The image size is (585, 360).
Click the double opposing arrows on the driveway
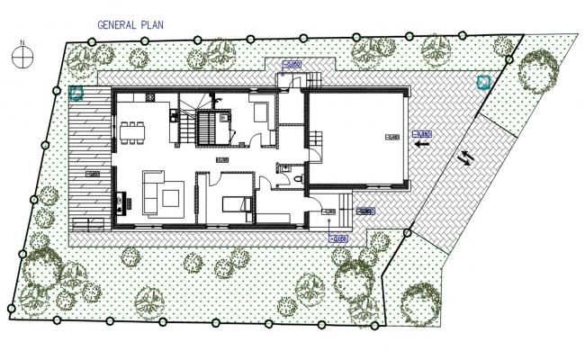pos(466,157)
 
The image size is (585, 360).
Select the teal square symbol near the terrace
pos(76,92)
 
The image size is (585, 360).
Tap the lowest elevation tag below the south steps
pos(338,238)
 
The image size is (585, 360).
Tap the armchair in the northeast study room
pos(259,114)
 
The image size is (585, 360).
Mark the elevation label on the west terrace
pos(91,174)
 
